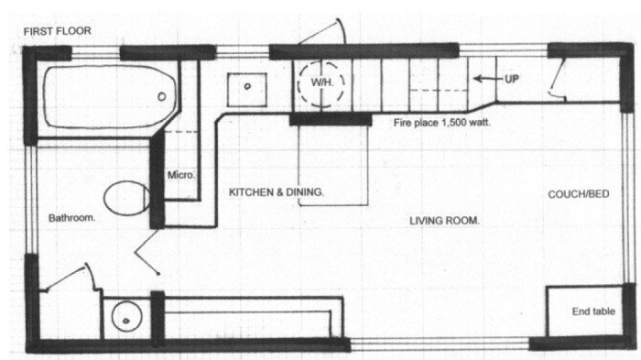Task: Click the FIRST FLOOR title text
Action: click(x=57, y=31)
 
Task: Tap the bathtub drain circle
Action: click(x=162, y=96)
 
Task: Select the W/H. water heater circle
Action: click(x=321, y=61)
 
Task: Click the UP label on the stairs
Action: click(x=511, y=79)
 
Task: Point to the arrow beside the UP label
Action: click(x=488, y=79)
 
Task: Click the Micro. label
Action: click(x=181, y=176)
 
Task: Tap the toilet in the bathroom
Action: click(x=126, y=198)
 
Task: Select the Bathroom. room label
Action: click(x=71, y=218)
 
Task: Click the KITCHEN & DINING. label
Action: click(x=277, y=192)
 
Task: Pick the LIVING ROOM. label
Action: click(x=444, y=221)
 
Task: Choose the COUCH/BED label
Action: click(x=579, y=194)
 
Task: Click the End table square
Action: click(x=584, y=311)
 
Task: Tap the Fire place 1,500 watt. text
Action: click(x=441, y=123)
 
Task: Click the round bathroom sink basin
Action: click(x=126, y=317)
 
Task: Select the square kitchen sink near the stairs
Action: click(x=247, y=90)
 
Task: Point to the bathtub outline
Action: click(x=45, y=98)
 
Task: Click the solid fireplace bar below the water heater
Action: click(x=331, y=120)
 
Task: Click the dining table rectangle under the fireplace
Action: click(x=299, y=165)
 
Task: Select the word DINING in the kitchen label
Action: click(x=301, y=192)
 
